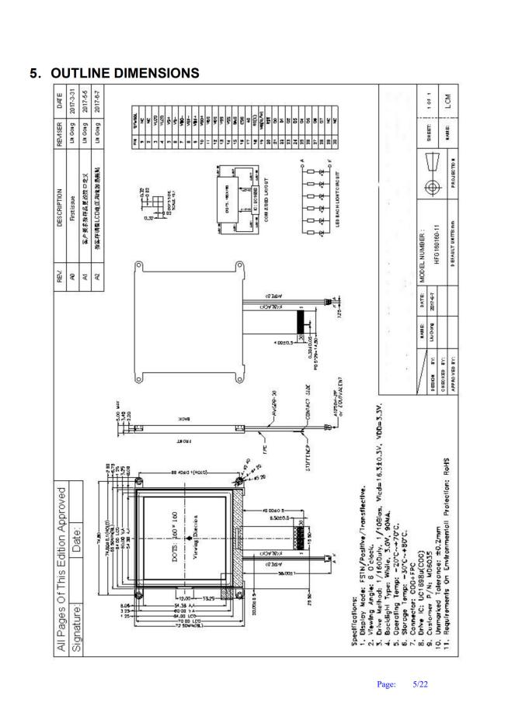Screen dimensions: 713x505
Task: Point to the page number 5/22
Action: (420, 686)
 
